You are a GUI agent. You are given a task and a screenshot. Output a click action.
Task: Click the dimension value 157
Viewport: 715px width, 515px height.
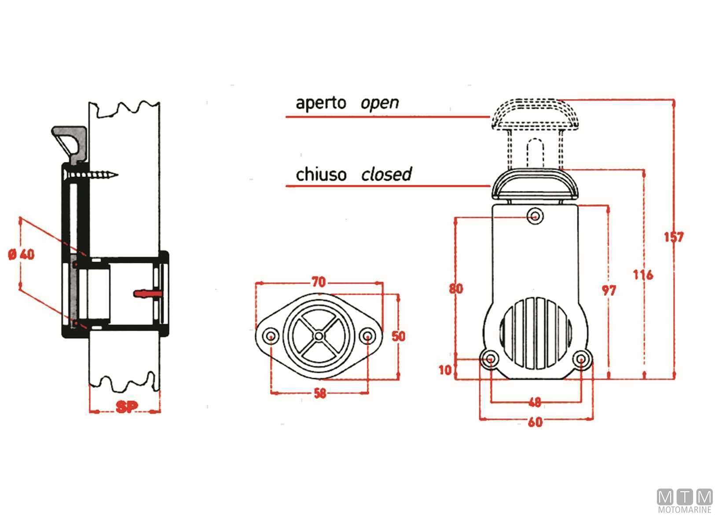(673, 237)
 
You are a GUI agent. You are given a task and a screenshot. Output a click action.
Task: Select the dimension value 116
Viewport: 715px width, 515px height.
(643, 275)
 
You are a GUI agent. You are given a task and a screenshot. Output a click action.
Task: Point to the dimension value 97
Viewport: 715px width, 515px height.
(609, 291)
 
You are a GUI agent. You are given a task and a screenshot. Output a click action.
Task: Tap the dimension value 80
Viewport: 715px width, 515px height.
(456, 289)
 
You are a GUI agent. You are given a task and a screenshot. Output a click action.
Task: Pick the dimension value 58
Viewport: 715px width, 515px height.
(320, 393)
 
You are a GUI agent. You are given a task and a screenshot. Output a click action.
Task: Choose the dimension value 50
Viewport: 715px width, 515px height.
(398, 336)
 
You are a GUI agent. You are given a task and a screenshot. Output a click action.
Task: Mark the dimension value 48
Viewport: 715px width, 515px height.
(535, 402)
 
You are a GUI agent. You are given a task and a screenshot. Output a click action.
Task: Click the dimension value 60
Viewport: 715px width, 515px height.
(535, 422)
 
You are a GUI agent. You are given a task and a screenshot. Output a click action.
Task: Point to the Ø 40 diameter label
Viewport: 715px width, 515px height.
(22, 254)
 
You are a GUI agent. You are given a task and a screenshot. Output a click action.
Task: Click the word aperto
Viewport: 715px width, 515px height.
(321, 103)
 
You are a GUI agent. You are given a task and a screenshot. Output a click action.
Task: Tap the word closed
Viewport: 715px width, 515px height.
(386, 174)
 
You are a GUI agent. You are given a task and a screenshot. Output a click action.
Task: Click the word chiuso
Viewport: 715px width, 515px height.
(321, 174)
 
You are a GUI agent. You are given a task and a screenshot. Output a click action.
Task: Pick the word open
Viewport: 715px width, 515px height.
(380, 103)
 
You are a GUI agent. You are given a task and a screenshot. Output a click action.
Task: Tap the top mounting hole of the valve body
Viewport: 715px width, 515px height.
(535, 216)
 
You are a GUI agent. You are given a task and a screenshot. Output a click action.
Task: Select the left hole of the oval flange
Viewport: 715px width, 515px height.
(271, 337)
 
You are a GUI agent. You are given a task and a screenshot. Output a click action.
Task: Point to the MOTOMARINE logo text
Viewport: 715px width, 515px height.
(685, 510)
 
